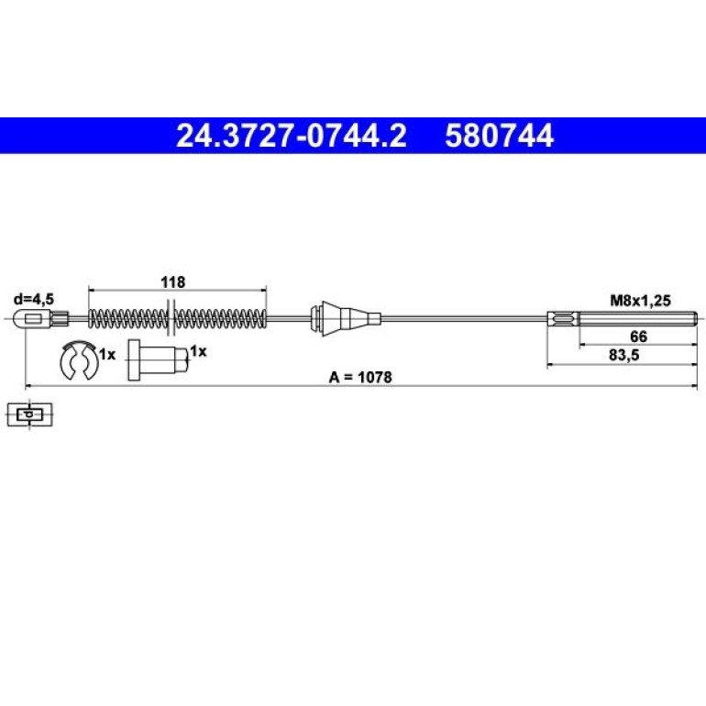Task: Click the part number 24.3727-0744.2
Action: [x=292, y=136]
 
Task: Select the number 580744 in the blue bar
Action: [x=500, y=136]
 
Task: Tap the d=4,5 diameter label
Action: [x=34, y=299]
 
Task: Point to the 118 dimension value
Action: [x=173, y=282]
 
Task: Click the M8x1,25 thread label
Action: [x=640, y=301]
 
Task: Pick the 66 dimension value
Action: [x=638, y=336]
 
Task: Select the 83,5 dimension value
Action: [x=624, y=355]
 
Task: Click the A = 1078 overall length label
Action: [x=360, y=378]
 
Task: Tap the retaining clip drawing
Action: [x=78, y=359]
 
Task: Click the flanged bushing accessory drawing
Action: [x=158, y=359]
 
